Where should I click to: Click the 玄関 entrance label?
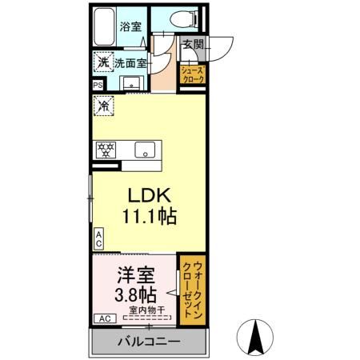[194, 45]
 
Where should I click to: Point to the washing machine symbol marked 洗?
[102, 62]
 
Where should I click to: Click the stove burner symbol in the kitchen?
[104, 150]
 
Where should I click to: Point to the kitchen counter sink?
[146, 150]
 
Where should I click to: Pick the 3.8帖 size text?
[133, 294]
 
